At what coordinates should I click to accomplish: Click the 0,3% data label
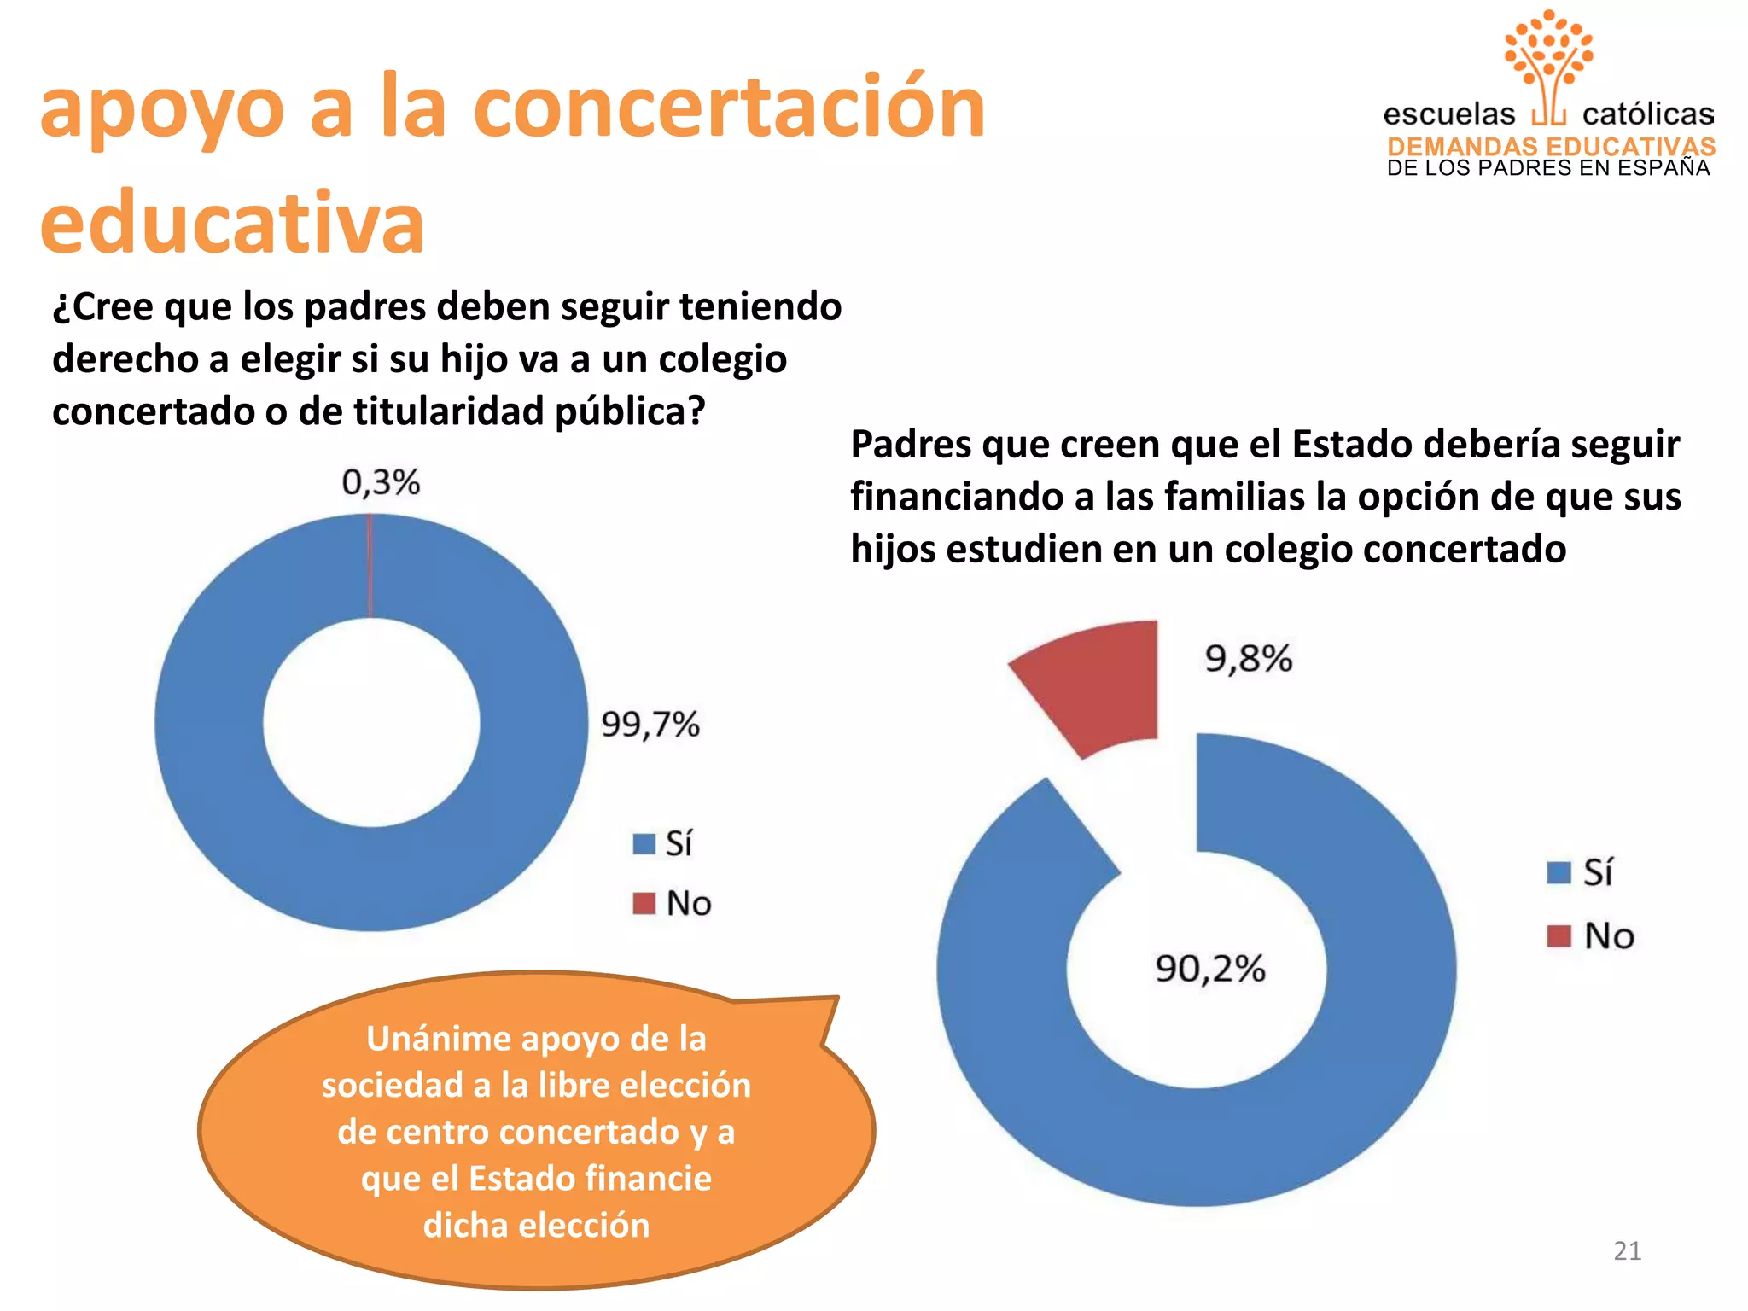point(381,482)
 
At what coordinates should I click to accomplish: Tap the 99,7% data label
point(650,725)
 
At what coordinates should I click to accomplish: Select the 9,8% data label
point(1249,659)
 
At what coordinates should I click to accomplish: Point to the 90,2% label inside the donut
point(1210,969)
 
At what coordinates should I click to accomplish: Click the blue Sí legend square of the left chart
point(644,844)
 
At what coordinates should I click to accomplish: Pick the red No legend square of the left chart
point(644,903)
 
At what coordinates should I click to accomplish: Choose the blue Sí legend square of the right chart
point(1559,873)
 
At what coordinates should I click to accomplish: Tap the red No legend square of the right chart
point(1559,936)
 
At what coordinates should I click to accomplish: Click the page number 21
point(1627,1251)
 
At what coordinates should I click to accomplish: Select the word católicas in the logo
point(1647,114)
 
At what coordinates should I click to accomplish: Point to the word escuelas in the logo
point(1448,114)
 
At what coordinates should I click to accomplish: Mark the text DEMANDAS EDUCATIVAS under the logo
point(1551,147)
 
